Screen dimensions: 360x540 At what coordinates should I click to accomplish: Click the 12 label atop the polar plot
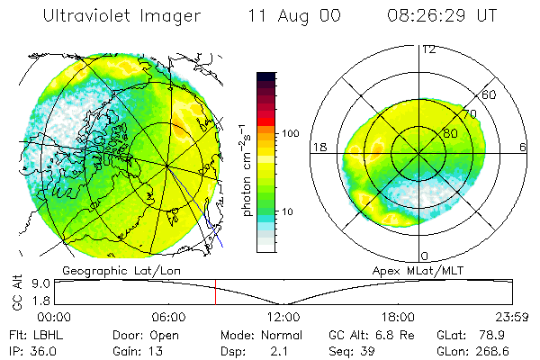click(428, 49)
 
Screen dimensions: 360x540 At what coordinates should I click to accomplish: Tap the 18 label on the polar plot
click(318, 147)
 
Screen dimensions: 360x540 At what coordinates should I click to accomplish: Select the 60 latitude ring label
click(490, 94)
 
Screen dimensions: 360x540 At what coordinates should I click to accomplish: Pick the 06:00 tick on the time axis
click(169, 317)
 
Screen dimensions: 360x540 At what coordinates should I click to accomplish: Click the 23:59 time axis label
click(512, 317)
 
